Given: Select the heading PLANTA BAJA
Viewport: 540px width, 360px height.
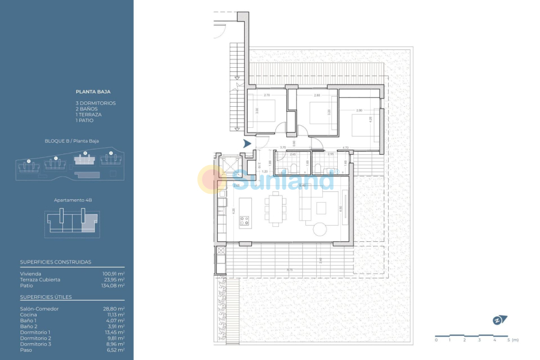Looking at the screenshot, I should coord(92,92).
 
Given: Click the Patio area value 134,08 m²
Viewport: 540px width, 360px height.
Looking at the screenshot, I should coord(113,286).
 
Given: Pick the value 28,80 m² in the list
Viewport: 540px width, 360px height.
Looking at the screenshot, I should coord(113,308).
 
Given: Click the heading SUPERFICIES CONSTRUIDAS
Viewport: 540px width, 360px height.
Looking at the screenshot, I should coord(56,262).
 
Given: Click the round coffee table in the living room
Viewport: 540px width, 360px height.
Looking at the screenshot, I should coord(319,229).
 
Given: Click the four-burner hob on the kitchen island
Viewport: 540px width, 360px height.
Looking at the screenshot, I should coord(245,221).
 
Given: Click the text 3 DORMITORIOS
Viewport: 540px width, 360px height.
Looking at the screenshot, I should coord(96,103).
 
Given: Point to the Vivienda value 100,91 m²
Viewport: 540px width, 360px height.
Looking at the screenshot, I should coord(113,274).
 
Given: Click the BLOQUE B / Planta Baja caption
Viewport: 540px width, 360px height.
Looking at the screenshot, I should coord(72,141).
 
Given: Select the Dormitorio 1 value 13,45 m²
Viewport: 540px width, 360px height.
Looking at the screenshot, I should coord(113,332).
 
